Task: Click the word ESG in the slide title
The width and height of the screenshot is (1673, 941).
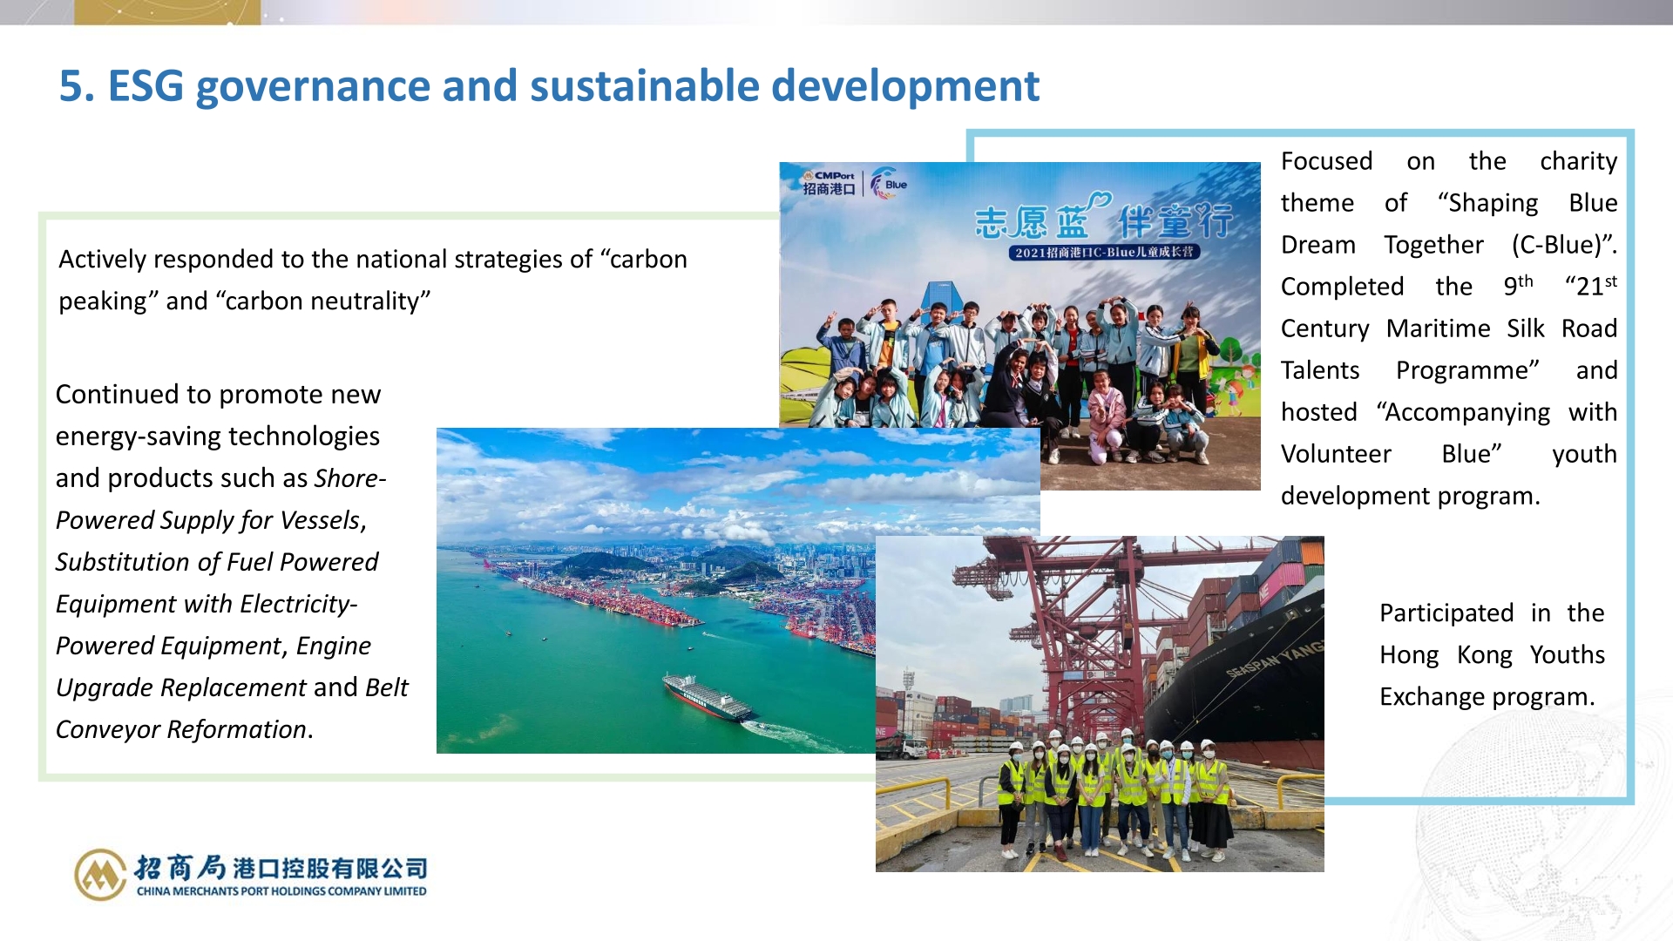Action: [x=146, y=86]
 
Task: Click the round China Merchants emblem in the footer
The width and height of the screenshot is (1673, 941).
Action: [x=100, y=874]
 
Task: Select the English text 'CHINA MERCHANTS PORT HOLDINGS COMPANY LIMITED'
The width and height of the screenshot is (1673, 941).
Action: [x=281, y=891]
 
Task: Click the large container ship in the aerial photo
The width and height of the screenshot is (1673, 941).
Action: [x=707, y=696]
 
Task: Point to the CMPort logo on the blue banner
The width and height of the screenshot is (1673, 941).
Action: [x=829, y=183]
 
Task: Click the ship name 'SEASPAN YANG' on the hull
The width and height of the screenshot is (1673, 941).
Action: [x=1274, y=660]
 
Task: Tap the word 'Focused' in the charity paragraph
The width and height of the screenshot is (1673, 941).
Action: [x=1326, y=161]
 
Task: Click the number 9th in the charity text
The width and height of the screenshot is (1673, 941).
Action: [x=1518, y=286]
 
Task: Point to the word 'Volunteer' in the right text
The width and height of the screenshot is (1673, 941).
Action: [x=1336, y=454]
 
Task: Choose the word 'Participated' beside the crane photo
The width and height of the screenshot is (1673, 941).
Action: [x=1446, y=613]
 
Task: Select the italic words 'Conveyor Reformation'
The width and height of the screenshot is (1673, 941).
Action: [x=181, y=729]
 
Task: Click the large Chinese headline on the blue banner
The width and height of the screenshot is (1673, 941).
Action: [x=1104, y=220]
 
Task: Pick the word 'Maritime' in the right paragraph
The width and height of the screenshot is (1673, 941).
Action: [x=1439, y=328]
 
